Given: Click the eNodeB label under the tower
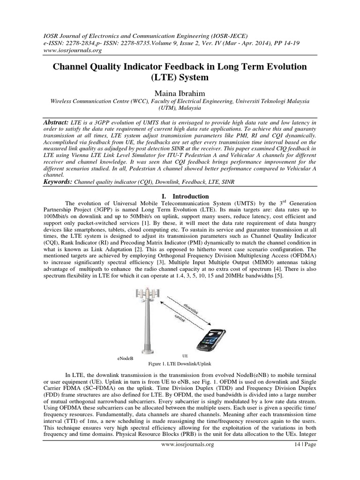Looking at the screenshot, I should (125, 358).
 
